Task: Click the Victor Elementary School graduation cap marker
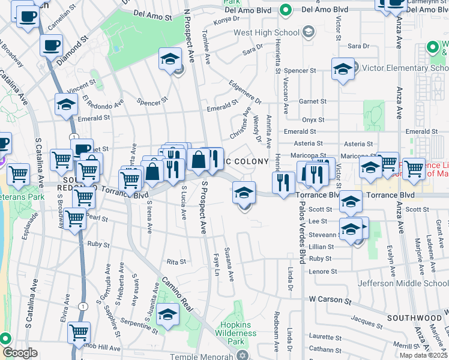point(343,68)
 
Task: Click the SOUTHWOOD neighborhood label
point(414,317)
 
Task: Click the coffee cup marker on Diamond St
point(52,45)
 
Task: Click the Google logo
point(20,353)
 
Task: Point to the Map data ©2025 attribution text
point(424,355)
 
